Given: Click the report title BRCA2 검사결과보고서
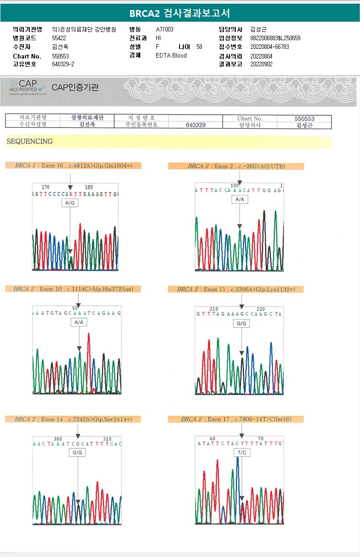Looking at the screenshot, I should point(180,13).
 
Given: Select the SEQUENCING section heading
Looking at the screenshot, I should point(30,142).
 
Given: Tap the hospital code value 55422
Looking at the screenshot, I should point(59,38).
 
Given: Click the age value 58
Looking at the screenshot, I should point(199,47).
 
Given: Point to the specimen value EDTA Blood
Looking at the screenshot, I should point(171,55).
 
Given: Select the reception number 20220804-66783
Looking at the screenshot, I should point(270,47).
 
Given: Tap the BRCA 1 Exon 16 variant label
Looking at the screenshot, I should point(73,165).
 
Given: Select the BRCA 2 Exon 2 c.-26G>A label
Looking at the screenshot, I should point(236,166).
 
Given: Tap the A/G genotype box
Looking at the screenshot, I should point(70,202).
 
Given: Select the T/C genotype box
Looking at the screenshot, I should point(242,452).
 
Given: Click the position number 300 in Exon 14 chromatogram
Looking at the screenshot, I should point(58,439).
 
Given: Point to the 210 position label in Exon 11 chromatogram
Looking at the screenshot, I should point(214,309).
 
